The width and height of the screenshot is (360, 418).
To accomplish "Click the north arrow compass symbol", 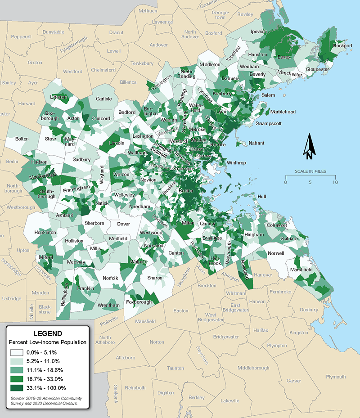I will click(x=310, y=147).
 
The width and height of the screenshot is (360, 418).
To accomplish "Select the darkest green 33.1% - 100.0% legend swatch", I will click(x=19, y=388).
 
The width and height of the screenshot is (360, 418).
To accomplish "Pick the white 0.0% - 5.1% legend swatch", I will click(x=19, y=352).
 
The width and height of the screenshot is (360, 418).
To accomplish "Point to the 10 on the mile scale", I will click(x=334, y=182).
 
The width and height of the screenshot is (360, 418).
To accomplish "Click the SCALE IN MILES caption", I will click(x=310, y=172).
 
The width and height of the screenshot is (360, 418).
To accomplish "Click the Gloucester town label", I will click(x=317, y=69).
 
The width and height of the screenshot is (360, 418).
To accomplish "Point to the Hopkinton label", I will click(x=45, y=233).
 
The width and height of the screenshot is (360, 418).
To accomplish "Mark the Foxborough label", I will click(x=139, y=302).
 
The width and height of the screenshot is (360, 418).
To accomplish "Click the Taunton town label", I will click(x=175, y=368).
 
